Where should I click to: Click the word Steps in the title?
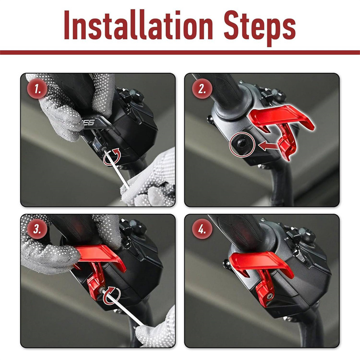tap(260, 27)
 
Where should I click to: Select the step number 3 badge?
tap(37, 229)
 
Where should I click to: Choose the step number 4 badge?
tap(202, 229)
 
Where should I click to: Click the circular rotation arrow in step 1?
tap(112, 157)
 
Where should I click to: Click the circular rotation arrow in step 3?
tap(112, 296)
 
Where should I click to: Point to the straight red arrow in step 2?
tap(268, 145)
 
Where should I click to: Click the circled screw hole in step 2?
tap(242, 144)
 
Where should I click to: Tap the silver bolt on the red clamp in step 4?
tap(269, 297)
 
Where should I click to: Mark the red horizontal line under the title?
tap(180, 53)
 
